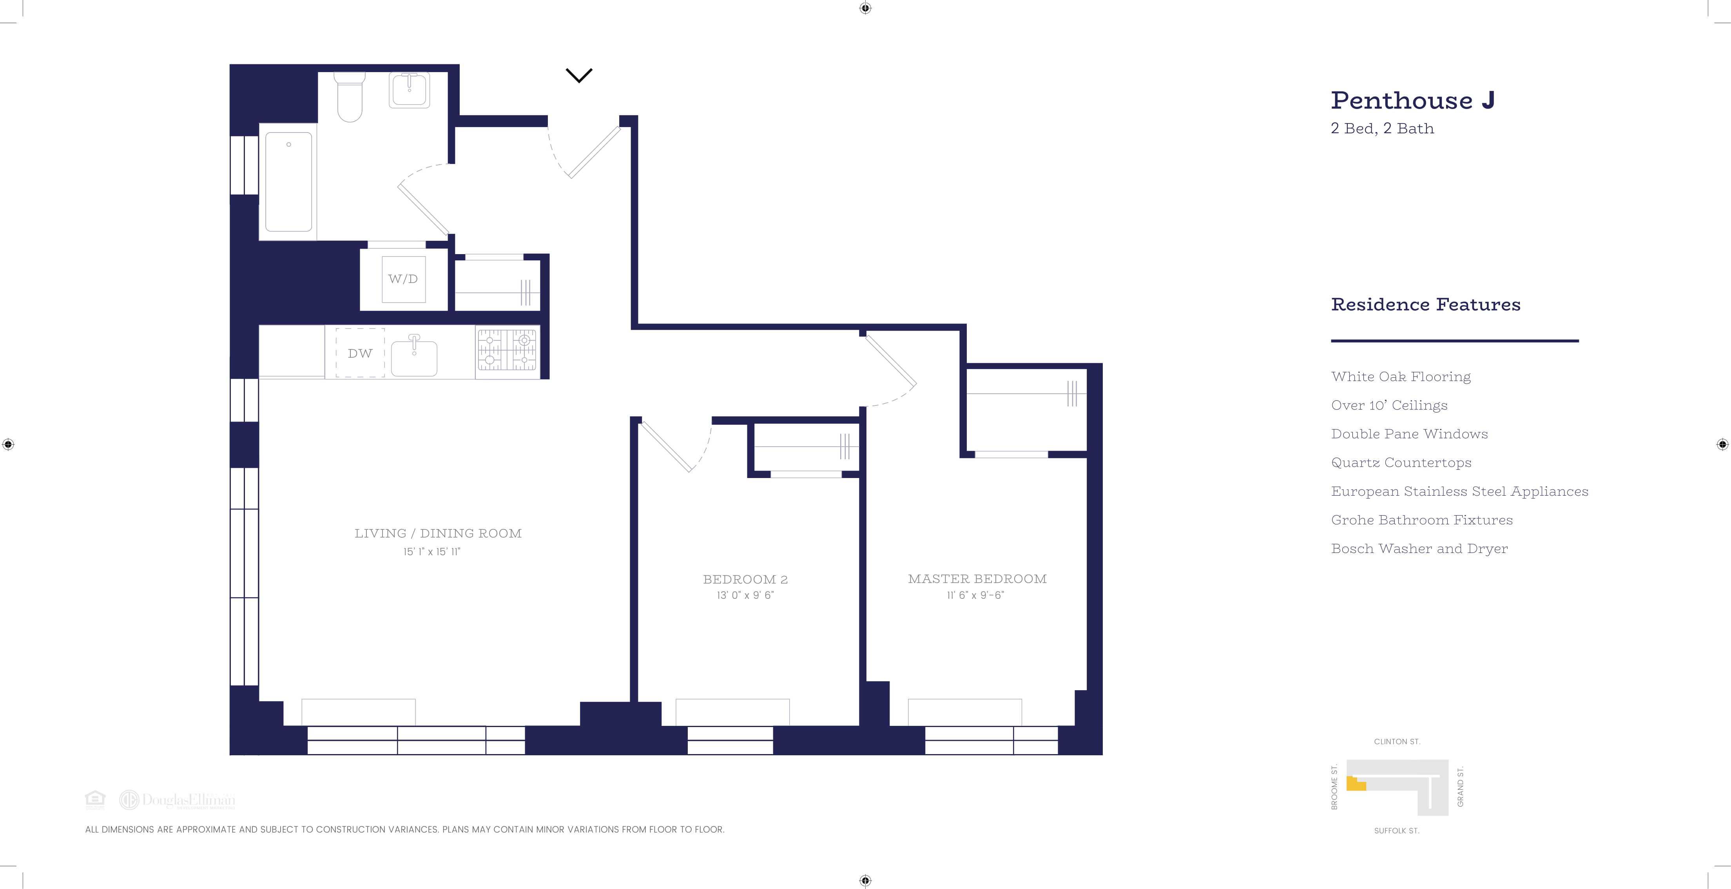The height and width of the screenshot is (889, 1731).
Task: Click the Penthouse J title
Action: (1412, 101)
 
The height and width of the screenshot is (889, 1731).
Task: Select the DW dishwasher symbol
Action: (360, 353)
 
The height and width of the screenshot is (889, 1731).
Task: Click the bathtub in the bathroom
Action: (288, 182)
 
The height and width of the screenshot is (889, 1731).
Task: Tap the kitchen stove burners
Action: (508, 350)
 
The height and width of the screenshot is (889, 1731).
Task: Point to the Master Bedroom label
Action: (977, 579)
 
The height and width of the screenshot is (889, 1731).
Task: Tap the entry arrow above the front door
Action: (578, 75)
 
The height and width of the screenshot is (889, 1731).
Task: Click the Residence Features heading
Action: (1425, 305)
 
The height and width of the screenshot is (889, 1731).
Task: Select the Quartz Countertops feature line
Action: (1401, 463)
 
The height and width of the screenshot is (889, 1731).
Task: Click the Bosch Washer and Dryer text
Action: (1419, 549)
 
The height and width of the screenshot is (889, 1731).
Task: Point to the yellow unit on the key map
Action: (1355, 784)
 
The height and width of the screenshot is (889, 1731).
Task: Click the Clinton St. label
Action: (1396, 742)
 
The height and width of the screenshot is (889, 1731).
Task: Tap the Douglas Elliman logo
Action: (178, 800)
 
